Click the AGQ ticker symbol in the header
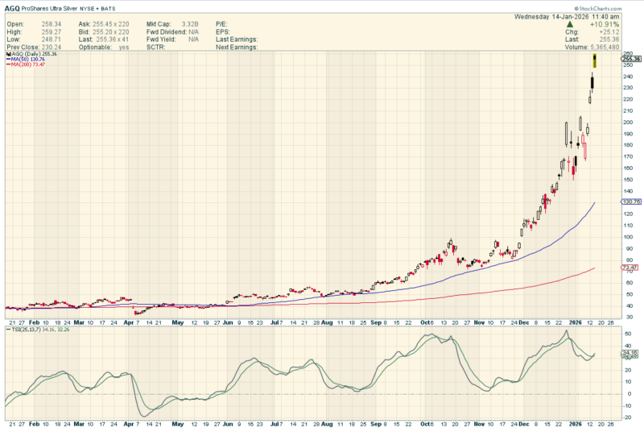pos(14,6)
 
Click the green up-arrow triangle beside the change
pos(569,25)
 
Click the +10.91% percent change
pos(604,25)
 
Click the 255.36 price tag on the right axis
pos(631,59)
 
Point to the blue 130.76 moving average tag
pos(631,201)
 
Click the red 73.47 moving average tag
pos(631,268)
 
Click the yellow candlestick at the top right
pos(595,60)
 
